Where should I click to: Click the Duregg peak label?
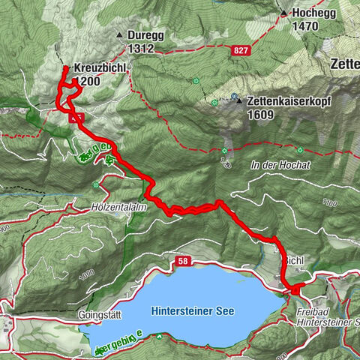click(x=140, y=34)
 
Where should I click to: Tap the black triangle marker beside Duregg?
click(x=118, y=35)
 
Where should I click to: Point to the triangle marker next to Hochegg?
click(x=284, y=13)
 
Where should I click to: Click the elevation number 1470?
click(x=307, y=26)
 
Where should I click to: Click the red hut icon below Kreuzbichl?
click(x=74, y=116)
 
